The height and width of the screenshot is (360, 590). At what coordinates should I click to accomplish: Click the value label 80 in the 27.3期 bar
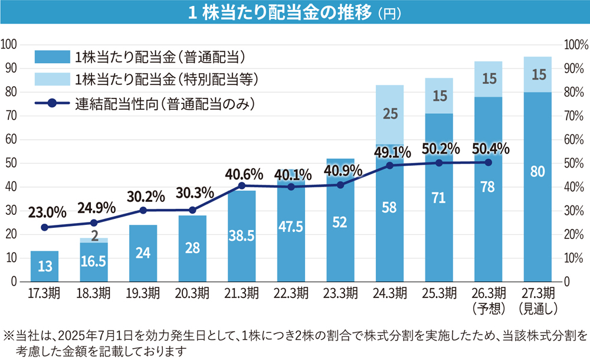(x=537, y=172)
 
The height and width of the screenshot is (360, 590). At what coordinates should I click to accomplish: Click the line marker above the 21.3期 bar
(x=241, y=186)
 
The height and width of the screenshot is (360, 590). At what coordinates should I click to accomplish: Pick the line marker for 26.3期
(x=487, y=162)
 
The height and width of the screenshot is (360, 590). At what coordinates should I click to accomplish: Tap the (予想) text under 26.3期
(x=487, y=307)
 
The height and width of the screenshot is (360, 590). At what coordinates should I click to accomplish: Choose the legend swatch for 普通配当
(x=52, y=57)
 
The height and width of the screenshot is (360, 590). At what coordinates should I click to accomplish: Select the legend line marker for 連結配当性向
(x=52, y=103)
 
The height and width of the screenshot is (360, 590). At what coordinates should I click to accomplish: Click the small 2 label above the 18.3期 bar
(x=93, y=235)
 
